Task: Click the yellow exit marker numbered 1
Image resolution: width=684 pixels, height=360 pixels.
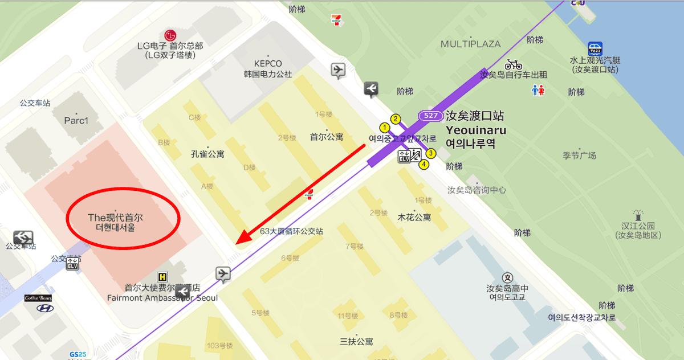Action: click(x=385, y=127)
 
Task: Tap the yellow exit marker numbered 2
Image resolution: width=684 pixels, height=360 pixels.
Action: click(x=396, y=119)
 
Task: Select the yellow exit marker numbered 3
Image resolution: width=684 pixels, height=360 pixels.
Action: click(x=431, y=153)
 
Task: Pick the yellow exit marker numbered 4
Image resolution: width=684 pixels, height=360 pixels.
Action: click(x=424, y=165)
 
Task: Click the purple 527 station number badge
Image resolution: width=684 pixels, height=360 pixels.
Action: click(x=430, y=116)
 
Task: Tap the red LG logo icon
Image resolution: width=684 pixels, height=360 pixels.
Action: click(x=170, y=35)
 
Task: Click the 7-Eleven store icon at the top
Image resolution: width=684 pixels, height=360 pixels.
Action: click(x=337, y=20)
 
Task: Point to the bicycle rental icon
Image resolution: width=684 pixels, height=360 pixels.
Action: click(x=513, y=64)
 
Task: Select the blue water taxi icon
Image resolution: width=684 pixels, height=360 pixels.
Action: click(x=595, y=49)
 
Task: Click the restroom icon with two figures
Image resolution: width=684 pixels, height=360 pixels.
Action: click(x=538, y=90)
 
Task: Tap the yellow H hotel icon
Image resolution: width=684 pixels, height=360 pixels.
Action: click(x=163, y=276)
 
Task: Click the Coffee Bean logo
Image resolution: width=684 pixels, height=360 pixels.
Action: click(x=39, y=298)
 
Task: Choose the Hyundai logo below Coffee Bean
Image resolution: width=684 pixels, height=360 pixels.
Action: click(x=44, y=308)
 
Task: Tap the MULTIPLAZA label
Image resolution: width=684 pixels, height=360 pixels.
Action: click(x=470, y=44)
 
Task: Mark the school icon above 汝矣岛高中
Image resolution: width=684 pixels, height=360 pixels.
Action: click(x=508, y=278)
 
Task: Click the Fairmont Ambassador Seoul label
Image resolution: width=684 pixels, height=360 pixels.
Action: click(x=162, y=297)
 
